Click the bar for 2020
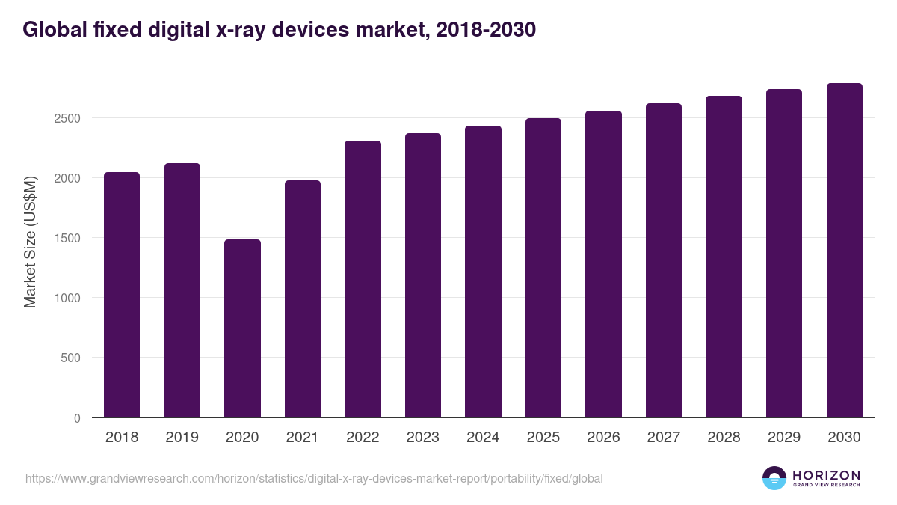(x=242, y=328)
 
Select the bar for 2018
(x=122, y=295)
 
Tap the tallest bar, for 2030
(x=844, y=251)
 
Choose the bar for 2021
(x=302, y=299)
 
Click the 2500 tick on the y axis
(x=67, y=118)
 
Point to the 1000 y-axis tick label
(x=67, y=298)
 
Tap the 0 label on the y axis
(x=77, y=418)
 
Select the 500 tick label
(x=70, y=358)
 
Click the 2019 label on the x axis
(x=182, y=438)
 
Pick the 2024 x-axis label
(x=483, y=438)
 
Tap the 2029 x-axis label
(x=783, y=438)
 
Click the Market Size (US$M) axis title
(x=30, y=242)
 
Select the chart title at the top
(x=279, y=30)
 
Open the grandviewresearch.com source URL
(x=314, y=478)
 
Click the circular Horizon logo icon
(x=774, y=478)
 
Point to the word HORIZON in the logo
(x=826, y=475)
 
